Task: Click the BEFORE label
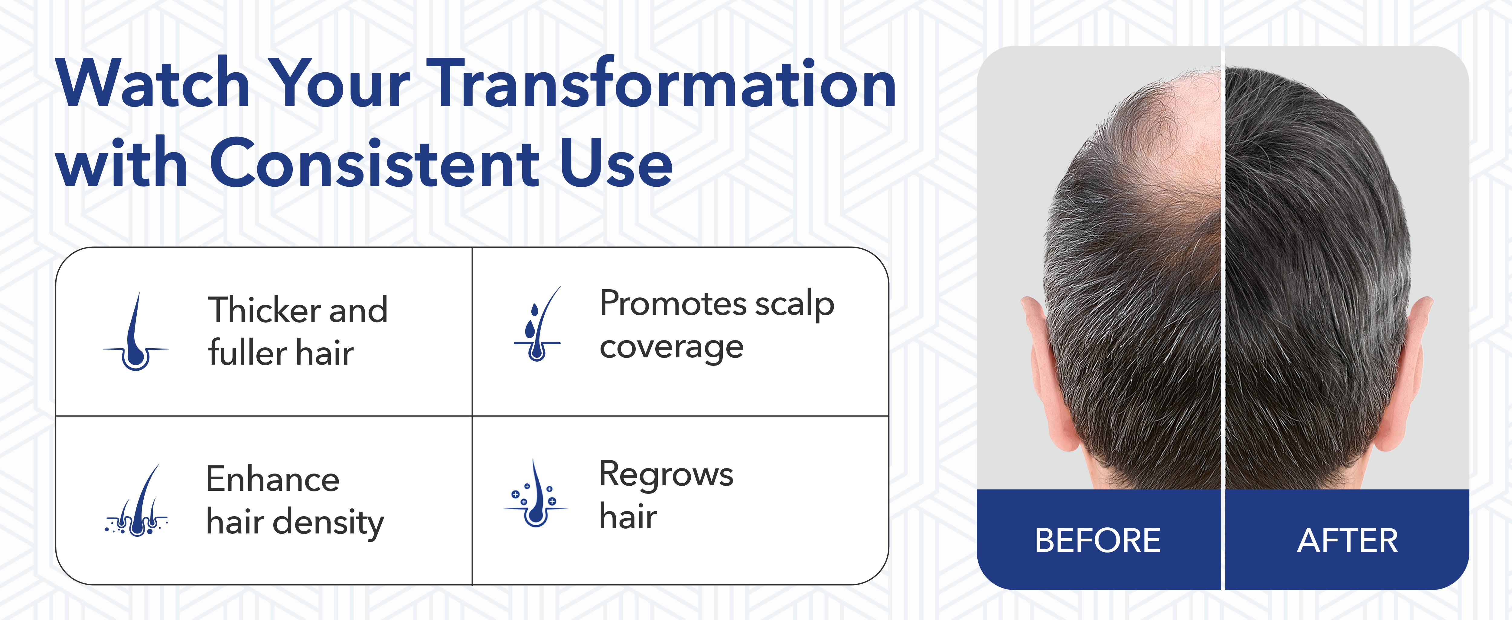pos(1098,540)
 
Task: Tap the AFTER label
pos(1347,540)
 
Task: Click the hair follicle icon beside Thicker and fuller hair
pos(135,332)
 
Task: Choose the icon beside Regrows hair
pos(535,493)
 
